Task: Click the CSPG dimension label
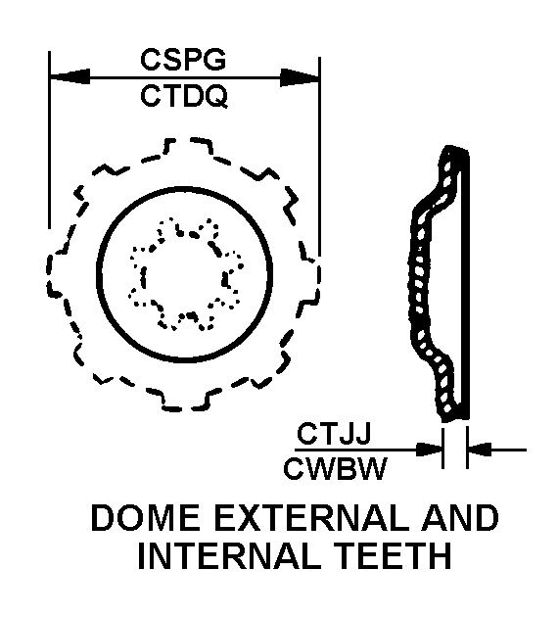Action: coord(183,60)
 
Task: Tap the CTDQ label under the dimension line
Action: coord(184,96)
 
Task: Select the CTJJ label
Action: coord(334,434)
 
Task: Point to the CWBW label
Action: coord(335,468)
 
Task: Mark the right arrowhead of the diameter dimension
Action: coord(300,77)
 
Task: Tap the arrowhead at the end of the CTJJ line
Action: coord(429,450)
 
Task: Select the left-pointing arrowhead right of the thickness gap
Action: coord(481,449)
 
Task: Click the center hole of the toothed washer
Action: coord(184,274)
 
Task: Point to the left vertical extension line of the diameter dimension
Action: coord(49,140)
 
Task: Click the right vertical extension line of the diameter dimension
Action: coord(320,157)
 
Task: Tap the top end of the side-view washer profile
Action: coord(456,149)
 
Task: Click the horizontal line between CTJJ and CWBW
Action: coord(369,450)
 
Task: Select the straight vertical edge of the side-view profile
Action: coord(467,283)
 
